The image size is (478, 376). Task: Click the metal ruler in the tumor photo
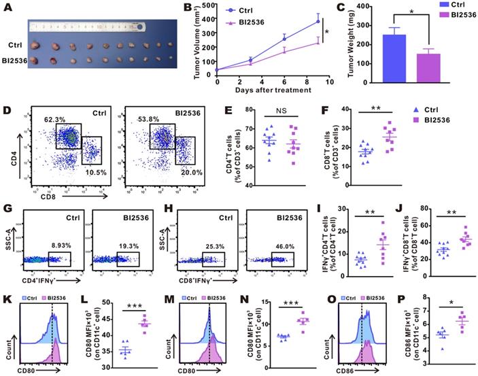click(x=88, y=27)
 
